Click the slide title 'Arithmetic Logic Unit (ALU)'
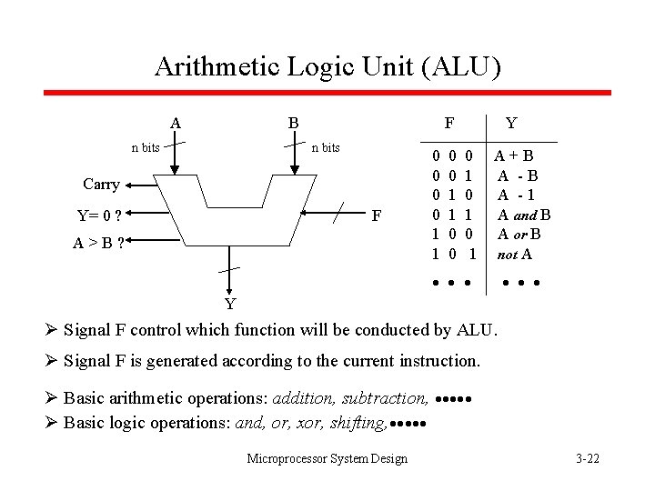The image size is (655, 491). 327,65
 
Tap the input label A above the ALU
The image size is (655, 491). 175,123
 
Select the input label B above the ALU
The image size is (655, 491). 293,123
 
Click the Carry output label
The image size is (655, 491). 101,185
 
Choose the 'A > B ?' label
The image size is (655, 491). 99,243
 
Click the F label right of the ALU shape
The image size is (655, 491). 377,216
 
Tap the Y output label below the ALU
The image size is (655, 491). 231,303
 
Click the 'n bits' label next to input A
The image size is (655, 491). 146,147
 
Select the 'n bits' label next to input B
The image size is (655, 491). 326,147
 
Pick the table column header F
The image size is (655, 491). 449,122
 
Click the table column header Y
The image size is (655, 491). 511,122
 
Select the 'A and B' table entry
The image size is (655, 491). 524,215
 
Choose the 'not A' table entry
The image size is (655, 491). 514,255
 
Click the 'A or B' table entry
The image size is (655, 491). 519,235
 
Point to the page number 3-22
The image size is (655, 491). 588,458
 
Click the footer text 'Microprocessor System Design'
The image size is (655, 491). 327,458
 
